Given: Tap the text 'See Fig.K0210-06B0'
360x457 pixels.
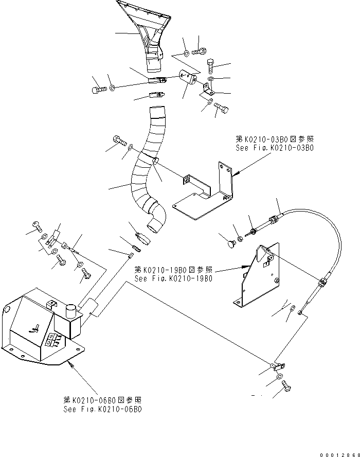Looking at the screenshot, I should [x=102, y=409].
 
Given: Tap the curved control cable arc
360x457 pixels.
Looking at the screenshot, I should [x=329, y=242].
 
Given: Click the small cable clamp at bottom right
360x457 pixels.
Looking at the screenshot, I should [x=278, y=366].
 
